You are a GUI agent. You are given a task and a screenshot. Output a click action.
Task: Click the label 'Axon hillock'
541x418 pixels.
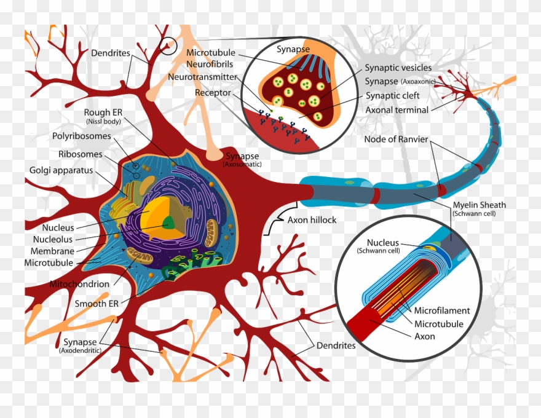coord(312,219)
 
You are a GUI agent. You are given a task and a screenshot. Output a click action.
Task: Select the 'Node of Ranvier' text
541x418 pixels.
coord(396,139)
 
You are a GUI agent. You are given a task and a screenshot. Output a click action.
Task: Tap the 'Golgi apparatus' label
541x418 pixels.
coord(60,170)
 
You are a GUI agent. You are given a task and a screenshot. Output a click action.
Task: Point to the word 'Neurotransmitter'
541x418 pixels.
coord(202,77)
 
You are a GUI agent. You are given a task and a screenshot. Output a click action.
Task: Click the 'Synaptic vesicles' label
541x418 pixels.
coord(398,68)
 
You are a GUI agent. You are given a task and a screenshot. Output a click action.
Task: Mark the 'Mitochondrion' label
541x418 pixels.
coord(79,284)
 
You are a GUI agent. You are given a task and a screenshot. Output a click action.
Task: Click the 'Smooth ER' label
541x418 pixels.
coord(97,303)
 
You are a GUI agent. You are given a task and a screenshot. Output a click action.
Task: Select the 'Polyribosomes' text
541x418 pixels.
coord(82,136)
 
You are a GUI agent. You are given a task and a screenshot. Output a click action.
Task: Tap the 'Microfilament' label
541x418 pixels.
coord(441,310)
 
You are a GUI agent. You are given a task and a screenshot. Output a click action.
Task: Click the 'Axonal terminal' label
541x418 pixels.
coord(397,109)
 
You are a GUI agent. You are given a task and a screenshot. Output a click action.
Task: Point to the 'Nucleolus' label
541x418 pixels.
coord(53,239)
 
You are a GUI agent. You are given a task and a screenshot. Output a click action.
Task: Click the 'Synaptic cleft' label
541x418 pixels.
coord(393,95)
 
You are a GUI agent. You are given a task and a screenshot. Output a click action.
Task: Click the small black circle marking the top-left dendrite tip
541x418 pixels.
coord(167,45)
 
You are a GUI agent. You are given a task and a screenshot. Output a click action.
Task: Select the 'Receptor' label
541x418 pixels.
coord(213,93)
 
